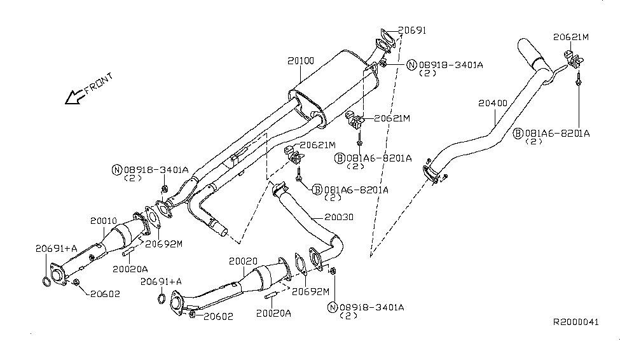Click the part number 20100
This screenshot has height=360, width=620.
[x=301, y=61]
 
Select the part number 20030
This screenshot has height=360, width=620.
[x=339, y=217]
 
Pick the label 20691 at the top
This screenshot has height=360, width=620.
[x=412, y=30]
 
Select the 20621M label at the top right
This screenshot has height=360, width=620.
[x=570, y=38]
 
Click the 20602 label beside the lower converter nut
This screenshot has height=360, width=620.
[x=218, y=316]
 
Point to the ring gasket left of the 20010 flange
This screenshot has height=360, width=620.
[x=47, y=282]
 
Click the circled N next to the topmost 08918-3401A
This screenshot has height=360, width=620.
[x=411, y=65]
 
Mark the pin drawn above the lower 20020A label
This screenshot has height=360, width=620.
[x=270, y=296]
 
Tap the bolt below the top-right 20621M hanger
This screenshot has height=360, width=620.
[x=579, y=81]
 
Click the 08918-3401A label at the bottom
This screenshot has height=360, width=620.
[x=372, y=307]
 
